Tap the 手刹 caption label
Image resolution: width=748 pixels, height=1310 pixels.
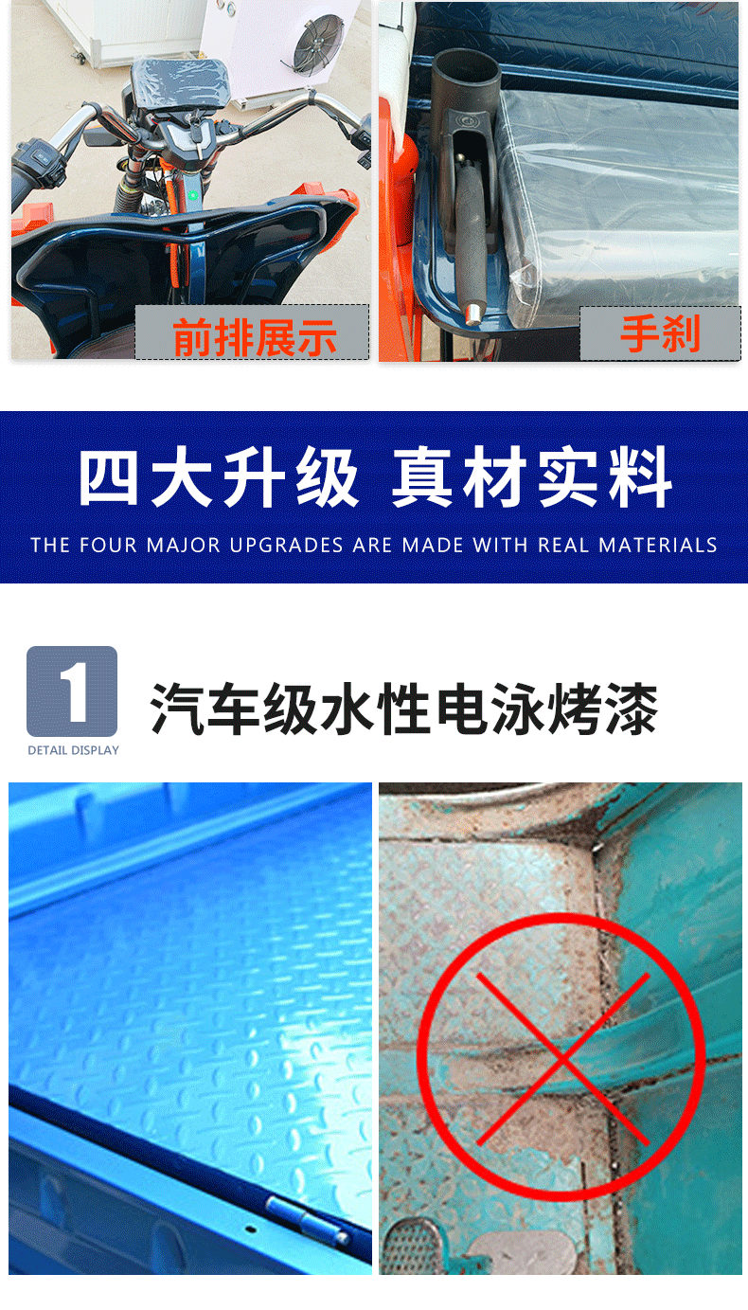pos(660,333)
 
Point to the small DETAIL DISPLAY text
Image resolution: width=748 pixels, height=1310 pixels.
pos(74,750)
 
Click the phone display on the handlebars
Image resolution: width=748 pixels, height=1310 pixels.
pos(179,83)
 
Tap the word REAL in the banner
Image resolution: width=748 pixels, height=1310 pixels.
pos(564,546)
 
